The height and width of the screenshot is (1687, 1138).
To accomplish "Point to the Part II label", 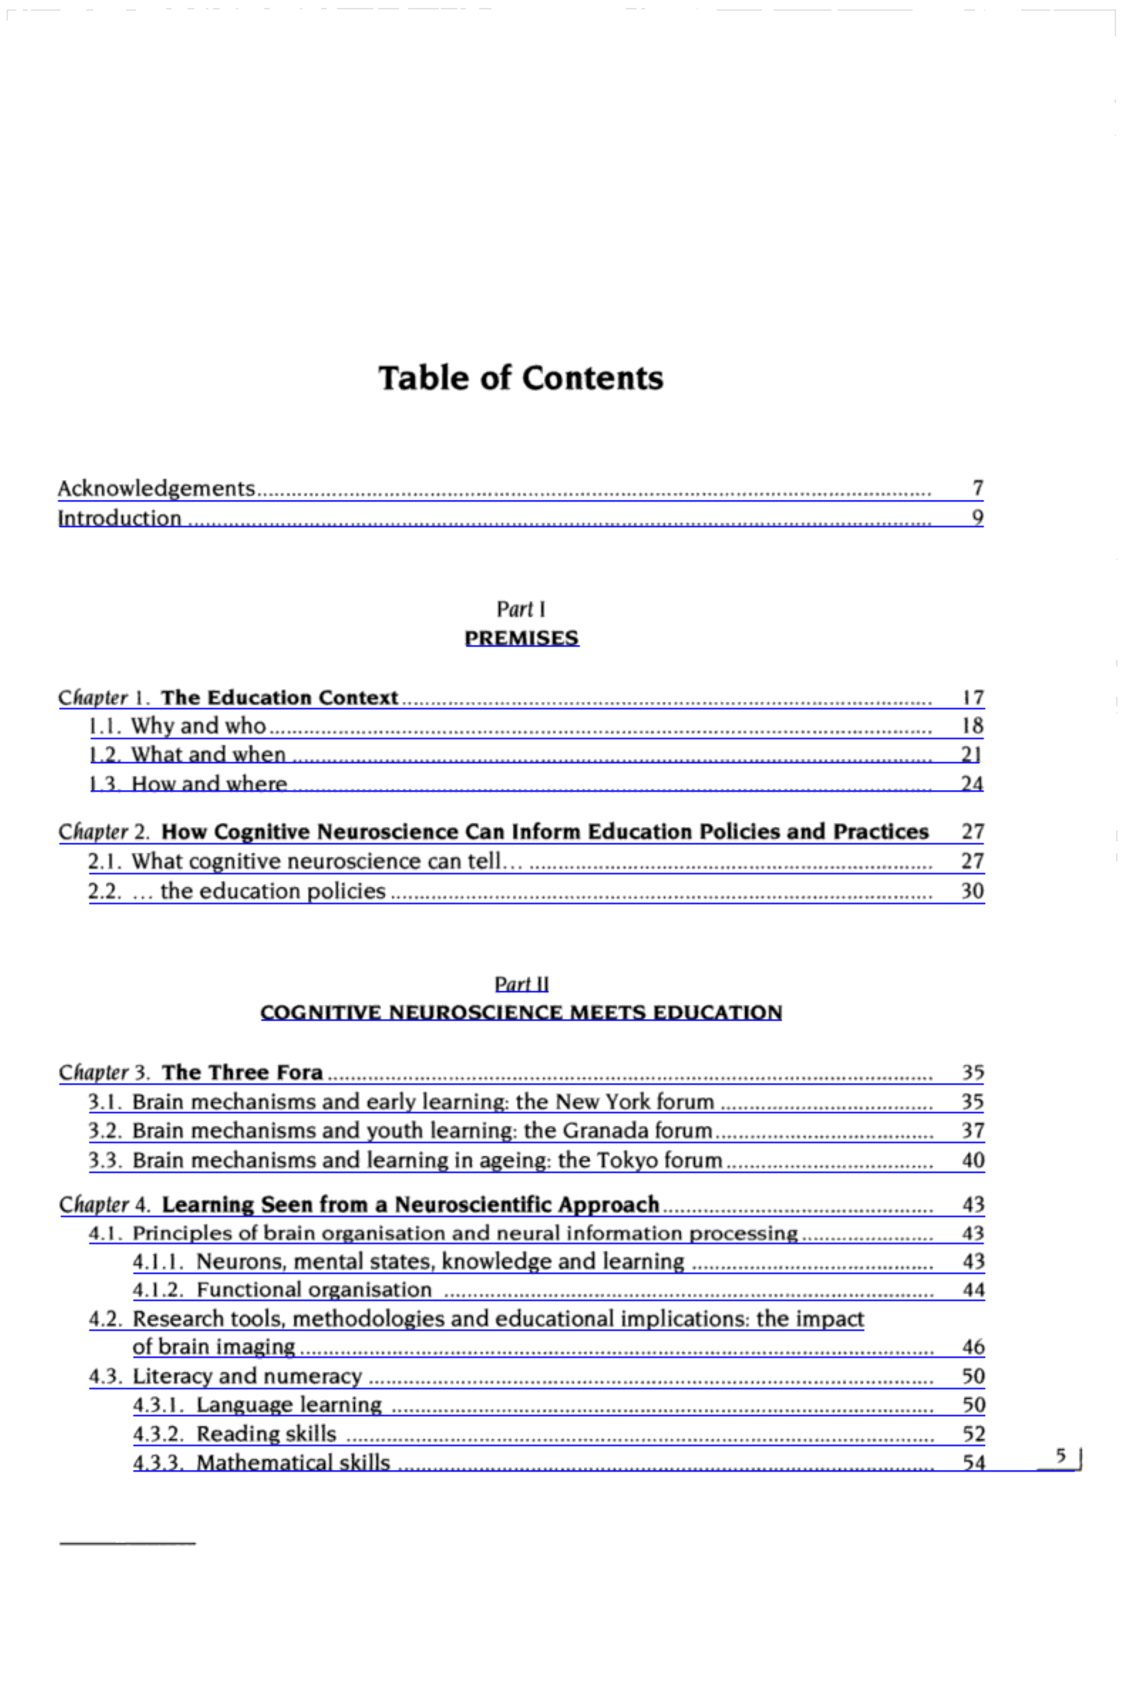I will coord(521,984).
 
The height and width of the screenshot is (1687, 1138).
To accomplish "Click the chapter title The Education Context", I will coord(279,697).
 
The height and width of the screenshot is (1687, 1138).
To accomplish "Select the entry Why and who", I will coord(198,726).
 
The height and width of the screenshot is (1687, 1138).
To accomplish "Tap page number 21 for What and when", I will coord(971,755).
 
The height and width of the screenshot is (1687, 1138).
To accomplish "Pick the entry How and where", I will coord(209,784).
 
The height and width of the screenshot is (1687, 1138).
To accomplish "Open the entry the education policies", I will coord(272,891).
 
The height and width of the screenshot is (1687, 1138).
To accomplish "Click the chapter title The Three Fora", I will coord(242,1073).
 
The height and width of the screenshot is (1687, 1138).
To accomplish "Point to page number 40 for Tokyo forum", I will coord(972,1160).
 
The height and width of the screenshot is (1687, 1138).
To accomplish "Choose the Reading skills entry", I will coord(266,1434).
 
